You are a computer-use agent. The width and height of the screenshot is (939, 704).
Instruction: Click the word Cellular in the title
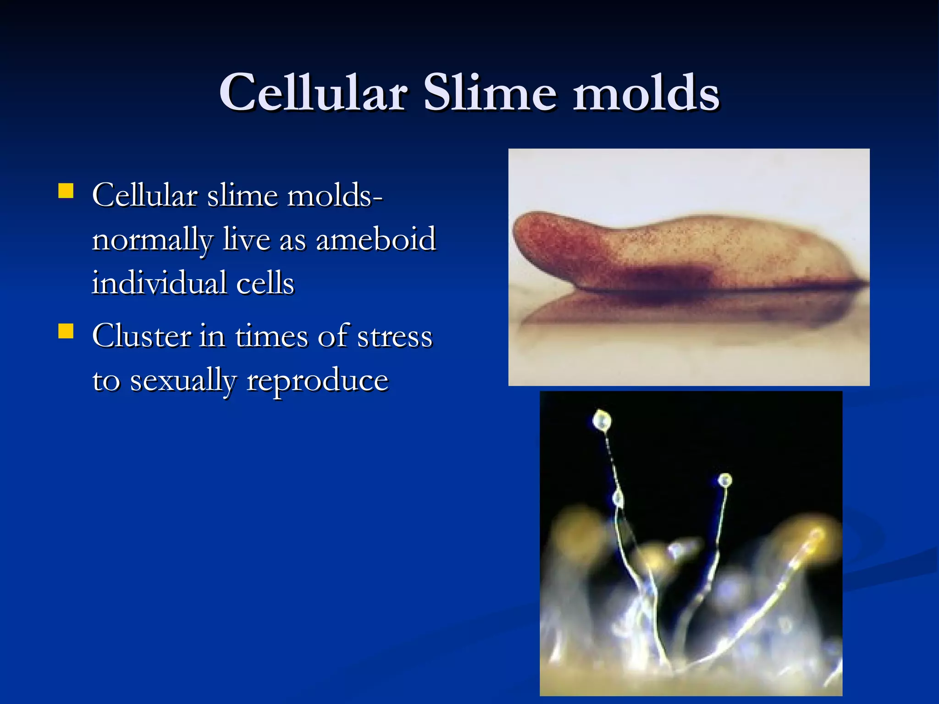pyautogui.click(x=313, y=93)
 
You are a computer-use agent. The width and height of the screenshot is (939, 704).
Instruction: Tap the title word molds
pyautogui.click(x=646, y=93)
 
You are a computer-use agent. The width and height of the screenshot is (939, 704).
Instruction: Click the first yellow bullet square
pyautogui.click(x=66, y=191)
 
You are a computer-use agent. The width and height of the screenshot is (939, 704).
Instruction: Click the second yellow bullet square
pyautogui.click(x=66, y=331)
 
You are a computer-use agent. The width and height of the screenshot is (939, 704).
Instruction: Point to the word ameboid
pyautogui.click(x=376, y=239)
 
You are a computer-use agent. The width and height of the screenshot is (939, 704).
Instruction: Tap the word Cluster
pyautogui.click(x=141, y=335)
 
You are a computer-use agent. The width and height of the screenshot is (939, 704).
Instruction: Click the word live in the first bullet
pyautogui.click(x=246, y=239)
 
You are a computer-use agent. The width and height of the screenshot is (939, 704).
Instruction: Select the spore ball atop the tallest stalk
pyautogui.click(x=602, y=420)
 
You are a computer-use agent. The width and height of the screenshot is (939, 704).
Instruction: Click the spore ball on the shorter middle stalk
pyautogui.click(x=725, y=480)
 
